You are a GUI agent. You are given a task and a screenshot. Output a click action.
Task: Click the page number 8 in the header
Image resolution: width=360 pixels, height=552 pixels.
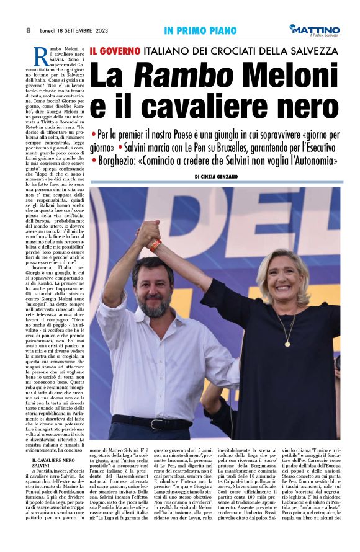(x=29, y=30)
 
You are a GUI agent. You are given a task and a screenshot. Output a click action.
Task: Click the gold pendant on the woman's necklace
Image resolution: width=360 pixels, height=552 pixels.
(x=287, y=342)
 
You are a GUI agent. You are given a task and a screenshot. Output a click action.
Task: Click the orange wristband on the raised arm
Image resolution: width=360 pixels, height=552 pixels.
(x=155, y=245)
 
